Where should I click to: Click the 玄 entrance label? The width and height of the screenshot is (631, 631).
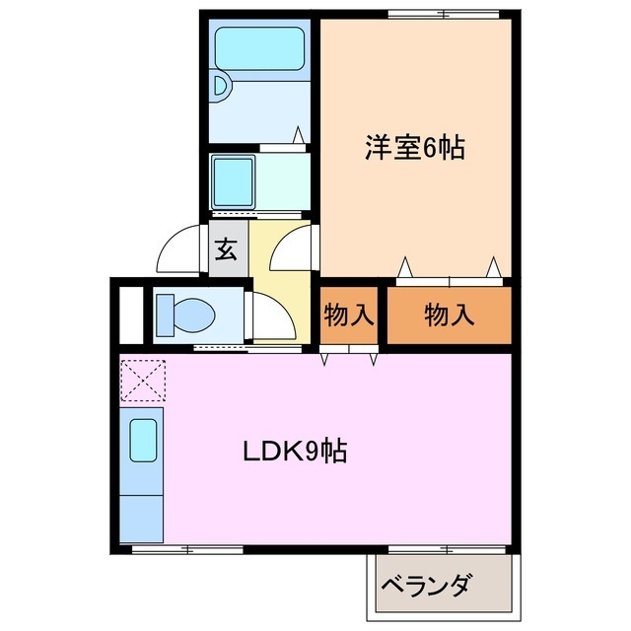pyautogui.click(x=226, y=248)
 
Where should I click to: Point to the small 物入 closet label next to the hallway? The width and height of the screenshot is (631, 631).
pyautogui.click(x=349, y=315)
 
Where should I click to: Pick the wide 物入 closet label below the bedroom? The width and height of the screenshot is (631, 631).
pyautogui.click(x=449, y=315)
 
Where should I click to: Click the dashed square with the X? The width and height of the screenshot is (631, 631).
pyautogui.click(x=142, y=381)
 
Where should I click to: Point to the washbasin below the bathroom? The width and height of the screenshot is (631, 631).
pyautogui.click(x=235, y=179)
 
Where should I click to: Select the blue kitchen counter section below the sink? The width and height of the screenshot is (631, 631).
pyautogui.click(x=142, y=516)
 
